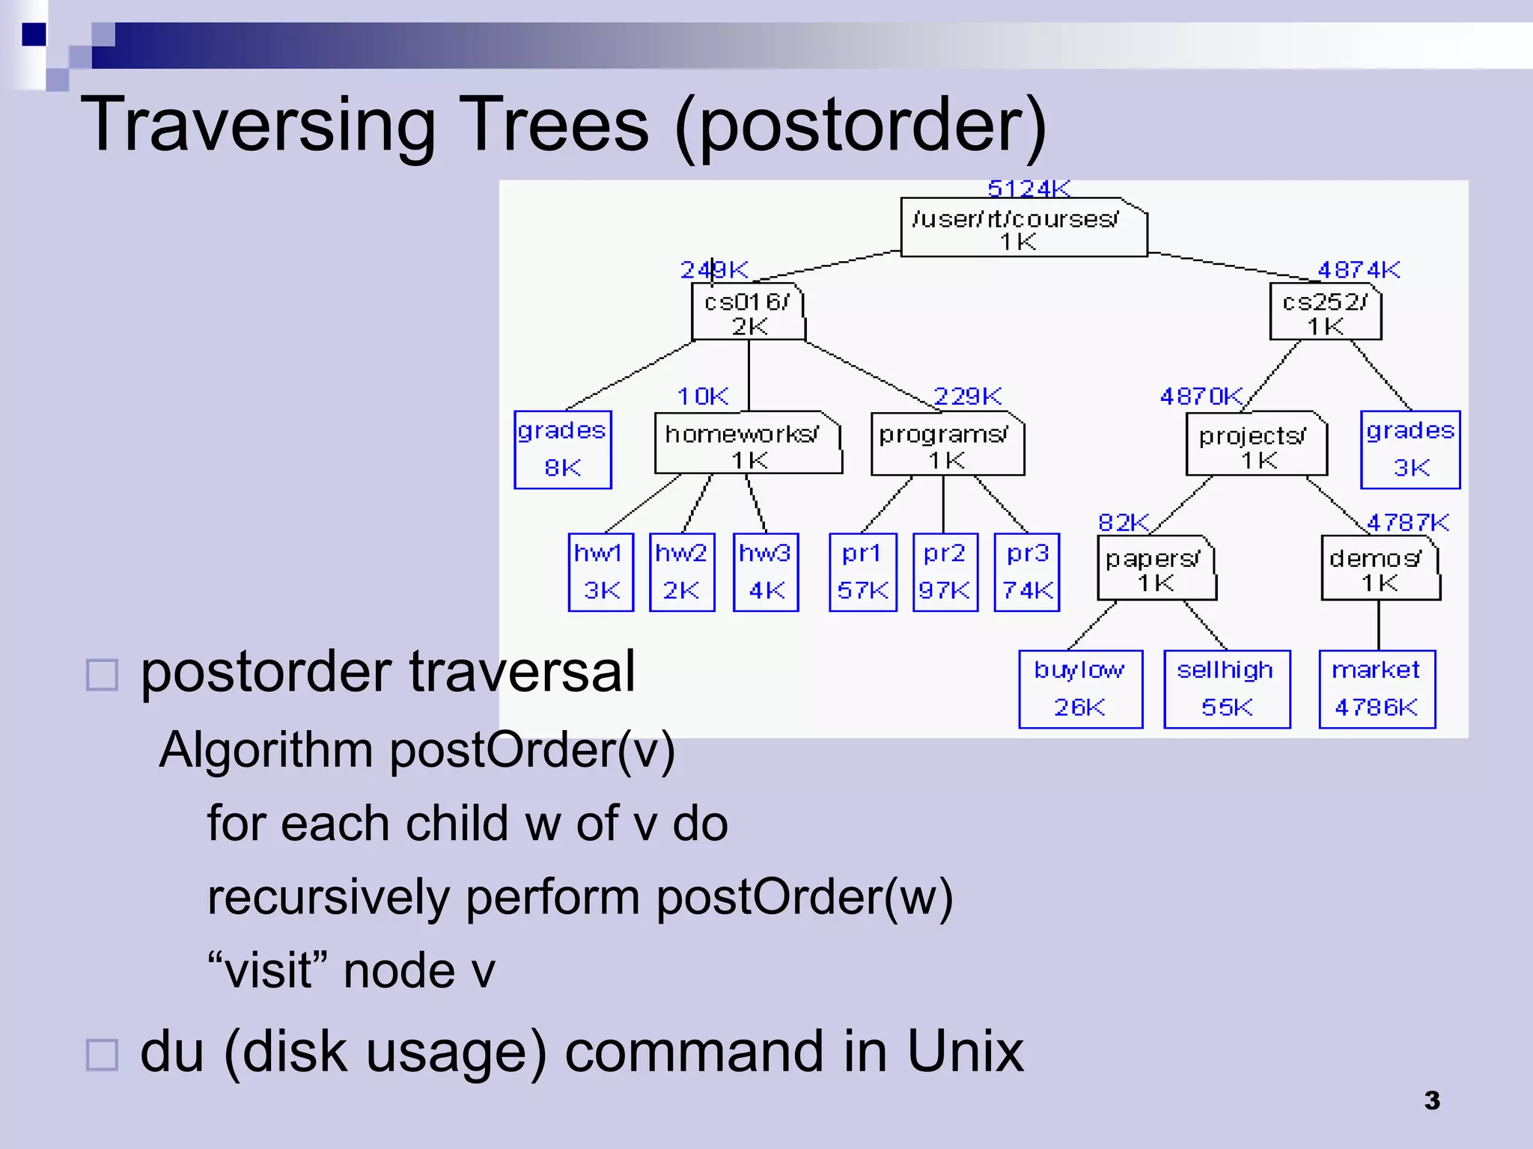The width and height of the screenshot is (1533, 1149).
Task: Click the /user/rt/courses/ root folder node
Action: tap(1022, 227)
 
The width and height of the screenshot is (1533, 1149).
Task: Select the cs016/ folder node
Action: tap(748, 313)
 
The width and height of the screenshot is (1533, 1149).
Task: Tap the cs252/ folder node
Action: tap(1325, 313)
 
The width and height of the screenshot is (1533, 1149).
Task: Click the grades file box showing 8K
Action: tap(562, 450)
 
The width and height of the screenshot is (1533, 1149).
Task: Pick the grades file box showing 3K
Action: tap(1409, 450)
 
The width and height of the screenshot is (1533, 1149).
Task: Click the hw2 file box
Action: tap(681, 572)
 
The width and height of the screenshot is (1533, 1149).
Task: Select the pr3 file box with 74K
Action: tap(1026, 572)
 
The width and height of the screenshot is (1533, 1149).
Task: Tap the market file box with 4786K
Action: tap(1377, 689)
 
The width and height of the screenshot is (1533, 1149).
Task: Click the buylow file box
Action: tap(1080, 689)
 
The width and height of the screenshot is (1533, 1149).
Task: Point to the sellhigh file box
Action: tap(1226, 689)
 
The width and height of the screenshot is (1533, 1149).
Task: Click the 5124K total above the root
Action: tap(1028, 189)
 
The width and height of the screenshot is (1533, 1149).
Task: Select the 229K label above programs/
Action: tap(967, 396)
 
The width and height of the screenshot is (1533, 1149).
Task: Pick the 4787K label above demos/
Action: tap(1407, 522)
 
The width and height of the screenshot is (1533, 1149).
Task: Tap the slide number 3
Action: tap(1431, 1100)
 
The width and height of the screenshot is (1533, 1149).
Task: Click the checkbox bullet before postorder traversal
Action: tap(102, 675)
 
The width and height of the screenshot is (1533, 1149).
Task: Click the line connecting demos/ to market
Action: tap(1378, 625)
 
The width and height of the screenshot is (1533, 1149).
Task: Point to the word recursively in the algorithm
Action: tap(327, 897)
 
